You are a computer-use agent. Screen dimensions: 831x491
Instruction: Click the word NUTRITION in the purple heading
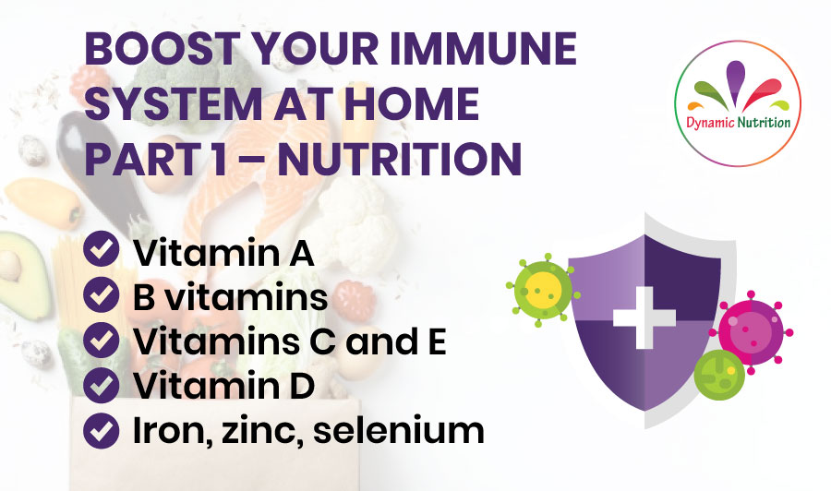[x=400, y=159]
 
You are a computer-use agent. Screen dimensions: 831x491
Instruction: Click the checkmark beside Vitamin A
[x=101, y=249]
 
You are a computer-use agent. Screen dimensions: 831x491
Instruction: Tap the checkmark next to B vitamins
[x=101, y=294]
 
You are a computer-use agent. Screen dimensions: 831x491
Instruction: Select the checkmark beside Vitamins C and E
[x=101, y=340]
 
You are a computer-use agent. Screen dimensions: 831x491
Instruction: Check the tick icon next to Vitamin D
[x=101, y=385]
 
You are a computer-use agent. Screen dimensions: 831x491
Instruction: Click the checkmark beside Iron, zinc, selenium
[x=101, y=431]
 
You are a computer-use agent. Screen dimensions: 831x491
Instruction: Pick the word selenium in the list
[x=399, y=430]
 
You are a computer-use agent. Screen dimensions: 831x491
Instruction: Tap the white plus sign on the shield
[x=644, y=317]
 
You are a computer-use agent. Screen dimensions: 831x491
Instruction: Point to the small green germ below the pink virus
[x=719, y=375]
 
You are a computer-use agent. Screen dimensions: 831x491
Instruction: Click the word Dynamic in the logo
[x=710, y=124]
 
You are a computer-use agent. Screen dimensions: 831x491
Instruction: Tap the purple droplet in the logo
[x=735, y=79]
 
